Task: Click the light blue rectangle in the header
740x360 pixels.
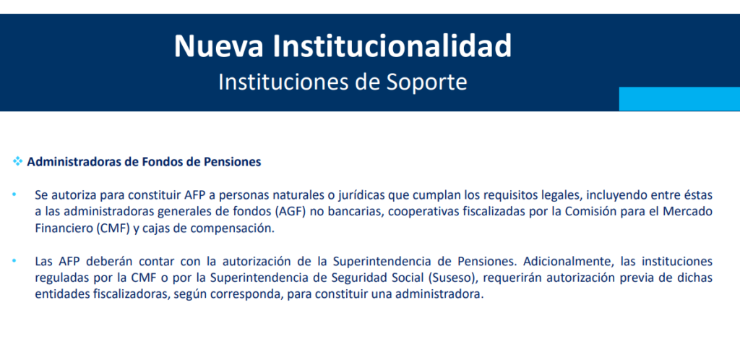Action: (679, 98)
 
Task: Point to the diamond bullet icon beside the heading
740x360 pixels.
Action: (18, 162)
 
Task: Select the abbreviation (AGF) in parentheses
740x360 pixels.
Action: (292, 212)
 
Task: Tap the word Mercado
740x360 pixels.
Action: (691, 212)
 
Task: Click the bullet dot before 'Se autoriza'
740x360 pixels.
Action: (14, 194)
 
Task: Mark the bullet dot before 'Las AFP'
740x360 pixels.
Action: (14, 260)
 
